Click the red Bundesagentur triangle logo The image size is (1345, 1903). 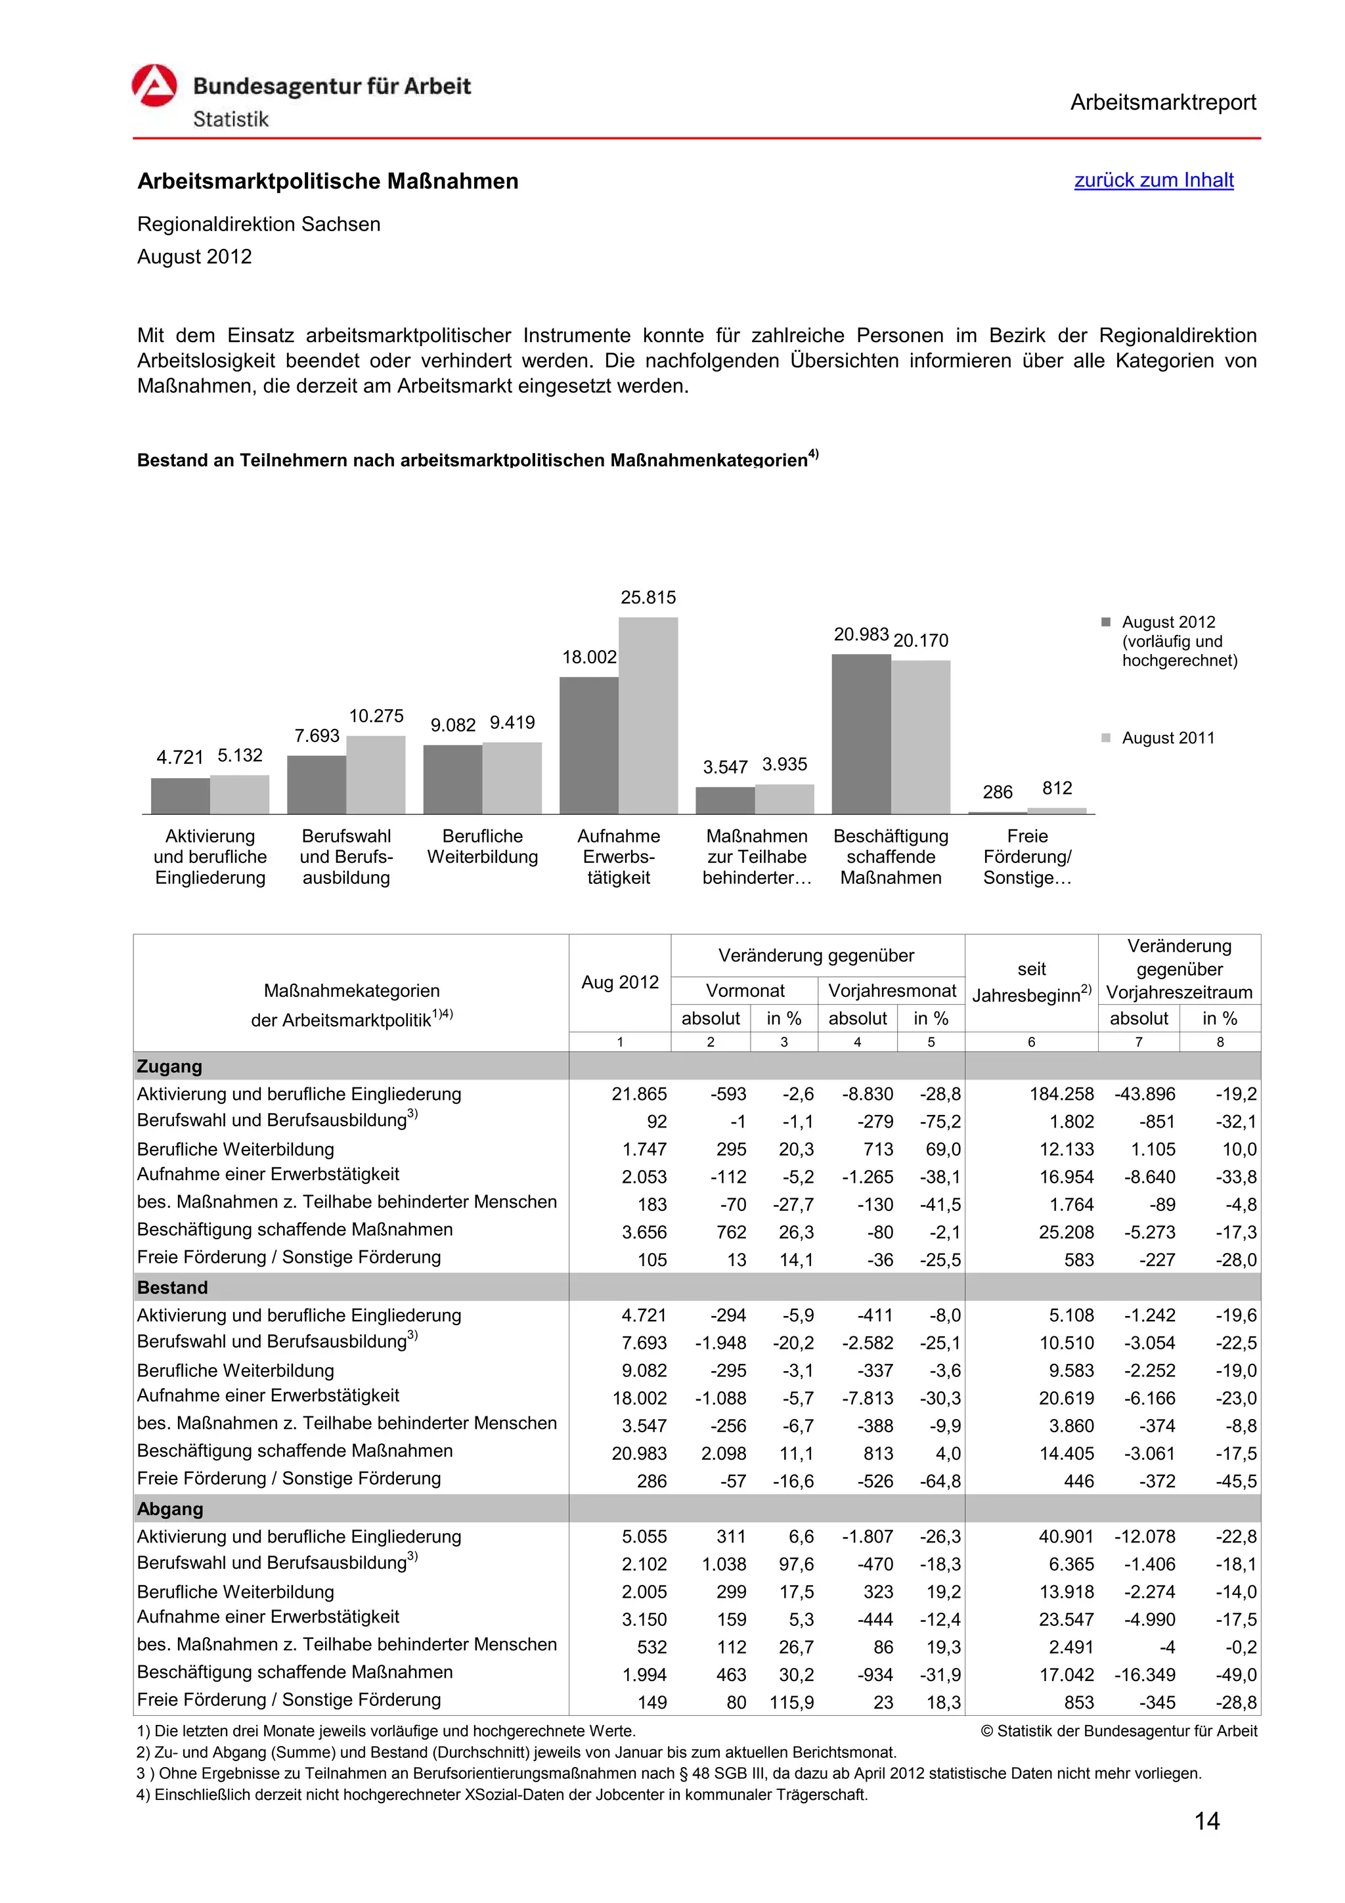pos(154,86)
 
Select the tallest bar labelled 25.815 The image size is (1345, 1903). pos(648,714)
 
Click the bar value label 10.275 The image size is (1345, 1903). pos(376,715)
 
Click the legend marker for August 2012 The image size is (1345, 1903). pos(1105,622)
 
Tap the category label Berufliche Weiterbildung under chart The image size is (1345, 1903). pos(482,846)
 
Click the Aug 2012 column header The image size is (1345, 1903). pos(619,982)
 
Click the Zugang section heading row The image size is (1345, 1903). pos(170,1066)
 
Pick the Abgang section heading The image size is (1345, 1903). pos(170,1508)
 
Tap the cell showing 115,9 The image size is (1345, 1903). pos(791,1703)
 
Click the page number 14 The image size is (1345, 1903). pos(1206,1821)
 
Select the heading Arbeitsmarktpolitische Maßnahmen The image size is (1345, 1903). pos(327,181)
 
